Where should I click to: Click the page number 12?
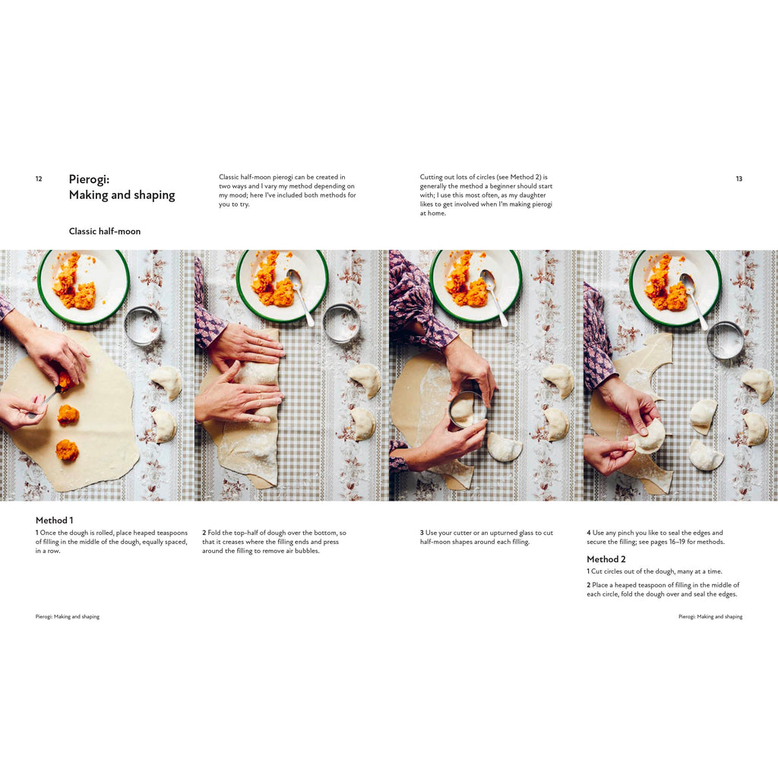(39, 179)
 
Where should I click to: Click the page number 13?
(738, 179)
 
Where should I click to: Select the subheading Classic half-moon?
(105, 231)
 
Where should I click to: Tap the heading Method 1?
(54, 520)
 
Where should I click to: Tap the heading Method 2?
(606, 559)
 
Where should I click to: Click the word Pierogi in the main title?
(89, 179)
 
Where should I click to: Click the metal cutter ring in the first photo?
(142, 325)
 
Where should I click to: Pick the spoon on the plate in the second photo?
(300, 296)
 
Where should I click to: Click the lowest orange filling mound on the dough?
(67, 450)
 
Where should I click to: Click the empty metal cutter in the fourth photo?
(725, 340)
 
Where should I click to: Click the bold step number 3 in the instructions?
(422, 533)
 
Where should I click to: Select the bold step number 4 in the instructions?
(589, 533)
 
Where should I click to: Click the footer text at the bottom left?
(68, 617)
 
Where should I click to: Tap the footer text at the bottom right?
(710, 617)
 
